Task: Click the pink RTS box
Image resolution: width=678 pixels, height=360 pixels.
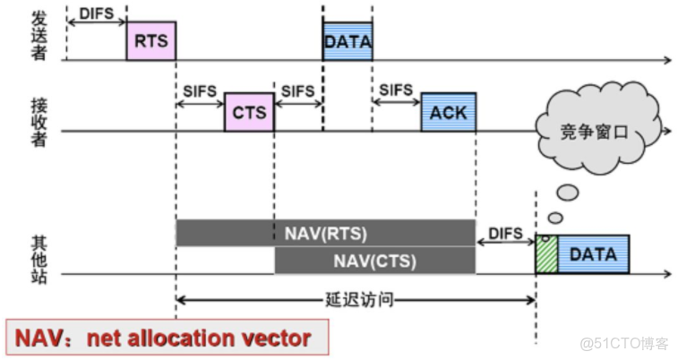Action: tap(150, 41)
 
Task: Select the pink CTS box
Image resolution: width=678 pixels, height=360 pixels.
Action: tap(249, 112)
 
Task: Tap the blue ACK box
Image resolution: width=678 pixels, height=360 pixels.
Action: tap(448, 112)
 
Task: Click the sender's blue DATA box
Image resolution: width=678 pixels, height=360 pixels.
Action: tap(348, 41)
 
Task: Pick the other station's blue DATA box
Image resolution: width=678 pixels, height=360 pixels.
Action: tap(593, 254)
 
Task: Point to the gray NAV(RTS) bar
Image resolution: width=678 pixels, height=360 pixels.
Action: tap(325, 234)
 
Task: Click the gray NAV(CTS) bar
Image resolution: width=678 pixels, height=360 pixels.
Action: tap(374, 261)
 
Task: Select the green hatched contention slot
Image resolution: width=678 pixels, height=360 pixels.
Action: tap(546, 254)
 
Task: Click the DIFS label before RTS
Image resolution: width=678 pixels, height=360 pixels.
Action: tap(97, 13)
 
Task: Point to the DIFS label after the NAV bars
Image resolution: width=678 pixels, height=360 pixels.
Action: tap(505, 233)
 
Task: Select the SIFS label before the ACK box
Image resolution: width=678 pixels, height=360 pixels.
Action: tap(396, 90)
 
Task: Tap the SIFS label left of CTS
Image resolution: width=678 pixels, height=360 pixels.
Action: tap(199, 90)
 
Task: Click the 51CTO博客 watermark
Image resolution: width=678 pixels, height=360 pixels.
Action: tap(623, 342)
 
